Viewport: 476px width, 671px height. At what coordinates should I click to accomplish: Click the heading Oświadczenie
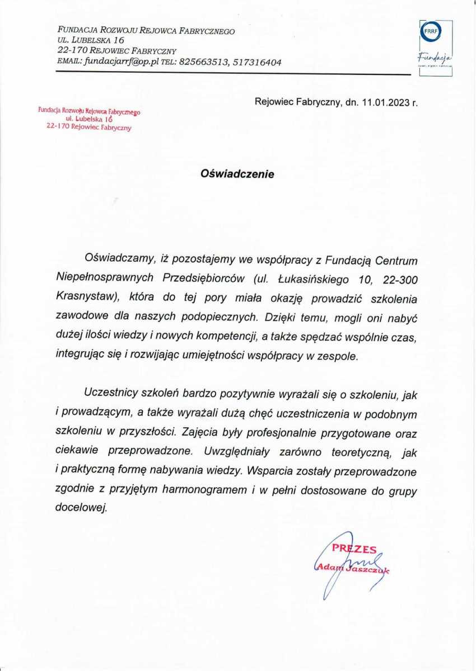[x=237, y=174]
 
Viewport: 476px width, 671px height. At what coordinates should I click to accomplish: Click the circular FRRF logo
[x=431, y=32]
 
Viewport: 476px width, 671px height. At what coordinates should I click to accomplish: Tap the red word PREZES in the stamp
[x=354, y=549]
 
